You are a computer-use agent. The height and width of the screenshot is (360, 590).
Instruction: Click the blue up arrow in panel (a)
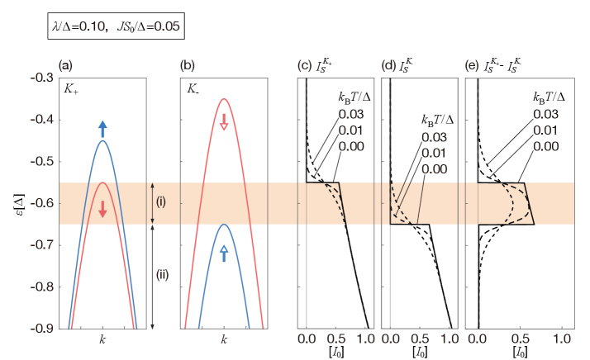(102, 128)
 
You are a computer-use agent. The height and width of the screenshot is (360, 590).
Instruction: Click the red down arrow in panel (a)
(102, 210)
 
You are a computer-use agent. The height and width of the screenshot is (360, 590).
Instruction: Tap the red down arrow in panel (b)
(224, 122)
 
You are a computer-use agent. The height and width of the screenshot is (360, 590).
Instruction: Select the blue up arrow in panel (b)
(224, 253)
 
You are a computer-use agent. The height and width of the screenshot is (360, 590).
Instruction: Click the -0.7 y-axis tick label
(34, 245)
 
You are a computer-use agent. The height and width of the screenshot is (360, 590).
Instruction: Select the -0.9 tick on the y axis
(34, 329)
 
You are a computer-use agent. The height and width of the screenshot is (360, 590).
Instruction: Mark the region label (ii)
(163, 275)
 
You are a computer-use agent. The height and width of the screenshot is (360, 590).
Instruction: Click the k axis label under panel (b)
(224, 339)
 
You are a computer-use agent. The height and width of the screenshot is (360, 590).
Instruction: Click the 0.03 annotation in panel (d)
(434, 137)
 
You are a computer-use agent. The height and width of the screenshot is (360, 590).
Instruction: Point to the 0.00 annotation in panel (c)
(351, 146)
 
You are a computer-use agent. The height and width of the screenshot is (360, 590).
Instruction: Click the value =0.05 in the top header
(162, 28)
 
